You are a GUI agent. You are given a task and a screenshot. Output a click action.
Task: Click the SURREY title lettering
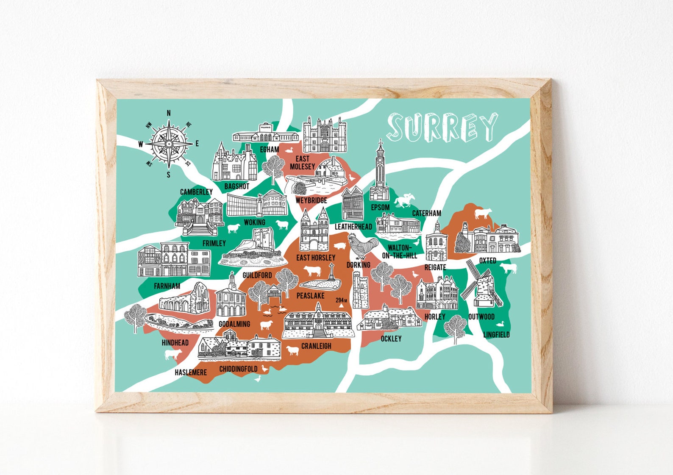point(442,127)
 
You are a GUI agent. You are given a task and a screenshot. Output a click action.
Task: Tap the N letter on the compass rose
point(169,113)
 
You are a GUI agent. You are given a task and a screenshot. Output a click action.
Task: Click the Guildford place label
point(257,275)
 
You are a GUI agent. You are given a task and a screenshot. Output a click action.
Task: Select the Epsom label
point(380,207)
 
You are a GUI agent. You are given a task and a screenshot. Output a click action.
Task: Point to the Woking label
point(254,222)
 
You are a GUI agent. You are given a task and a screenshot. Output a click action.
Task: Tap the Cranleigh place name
point(316,346)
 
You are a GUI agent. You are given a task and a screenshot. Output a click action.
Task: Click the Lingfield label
point(496,335)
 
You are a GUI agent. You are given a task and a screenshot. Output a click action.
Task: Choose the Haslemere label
point(191,372)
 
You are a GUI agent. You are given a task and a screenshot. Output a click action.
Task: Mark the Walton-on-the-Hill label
point(399,251)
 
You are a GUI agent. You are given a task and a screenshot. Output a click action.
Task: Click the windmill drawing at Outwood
point(481,283)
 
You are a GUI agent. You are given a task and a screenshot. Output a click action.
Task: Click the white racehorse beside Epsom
point(404,200)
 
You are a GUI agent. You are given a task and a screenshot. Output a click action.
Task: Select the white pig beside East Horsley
point(340,246)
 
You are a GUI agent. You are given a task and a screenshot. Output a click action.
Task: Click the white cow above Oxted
point(483,213)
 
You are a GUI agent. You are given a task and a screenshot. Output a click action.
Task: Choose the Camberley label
point(196,192)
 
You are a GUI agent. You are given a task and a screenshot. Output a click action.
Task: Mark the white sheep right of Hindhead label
point(173,354)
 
